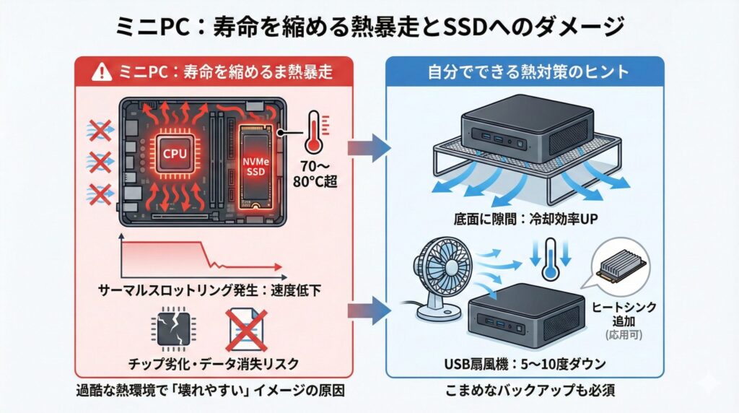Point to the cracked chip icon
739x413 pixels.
(172, 329)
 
